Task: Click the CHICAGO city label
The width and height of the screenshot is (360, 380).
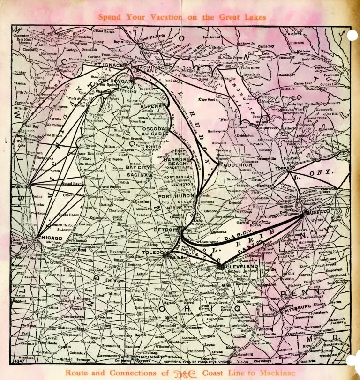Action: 49,238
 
